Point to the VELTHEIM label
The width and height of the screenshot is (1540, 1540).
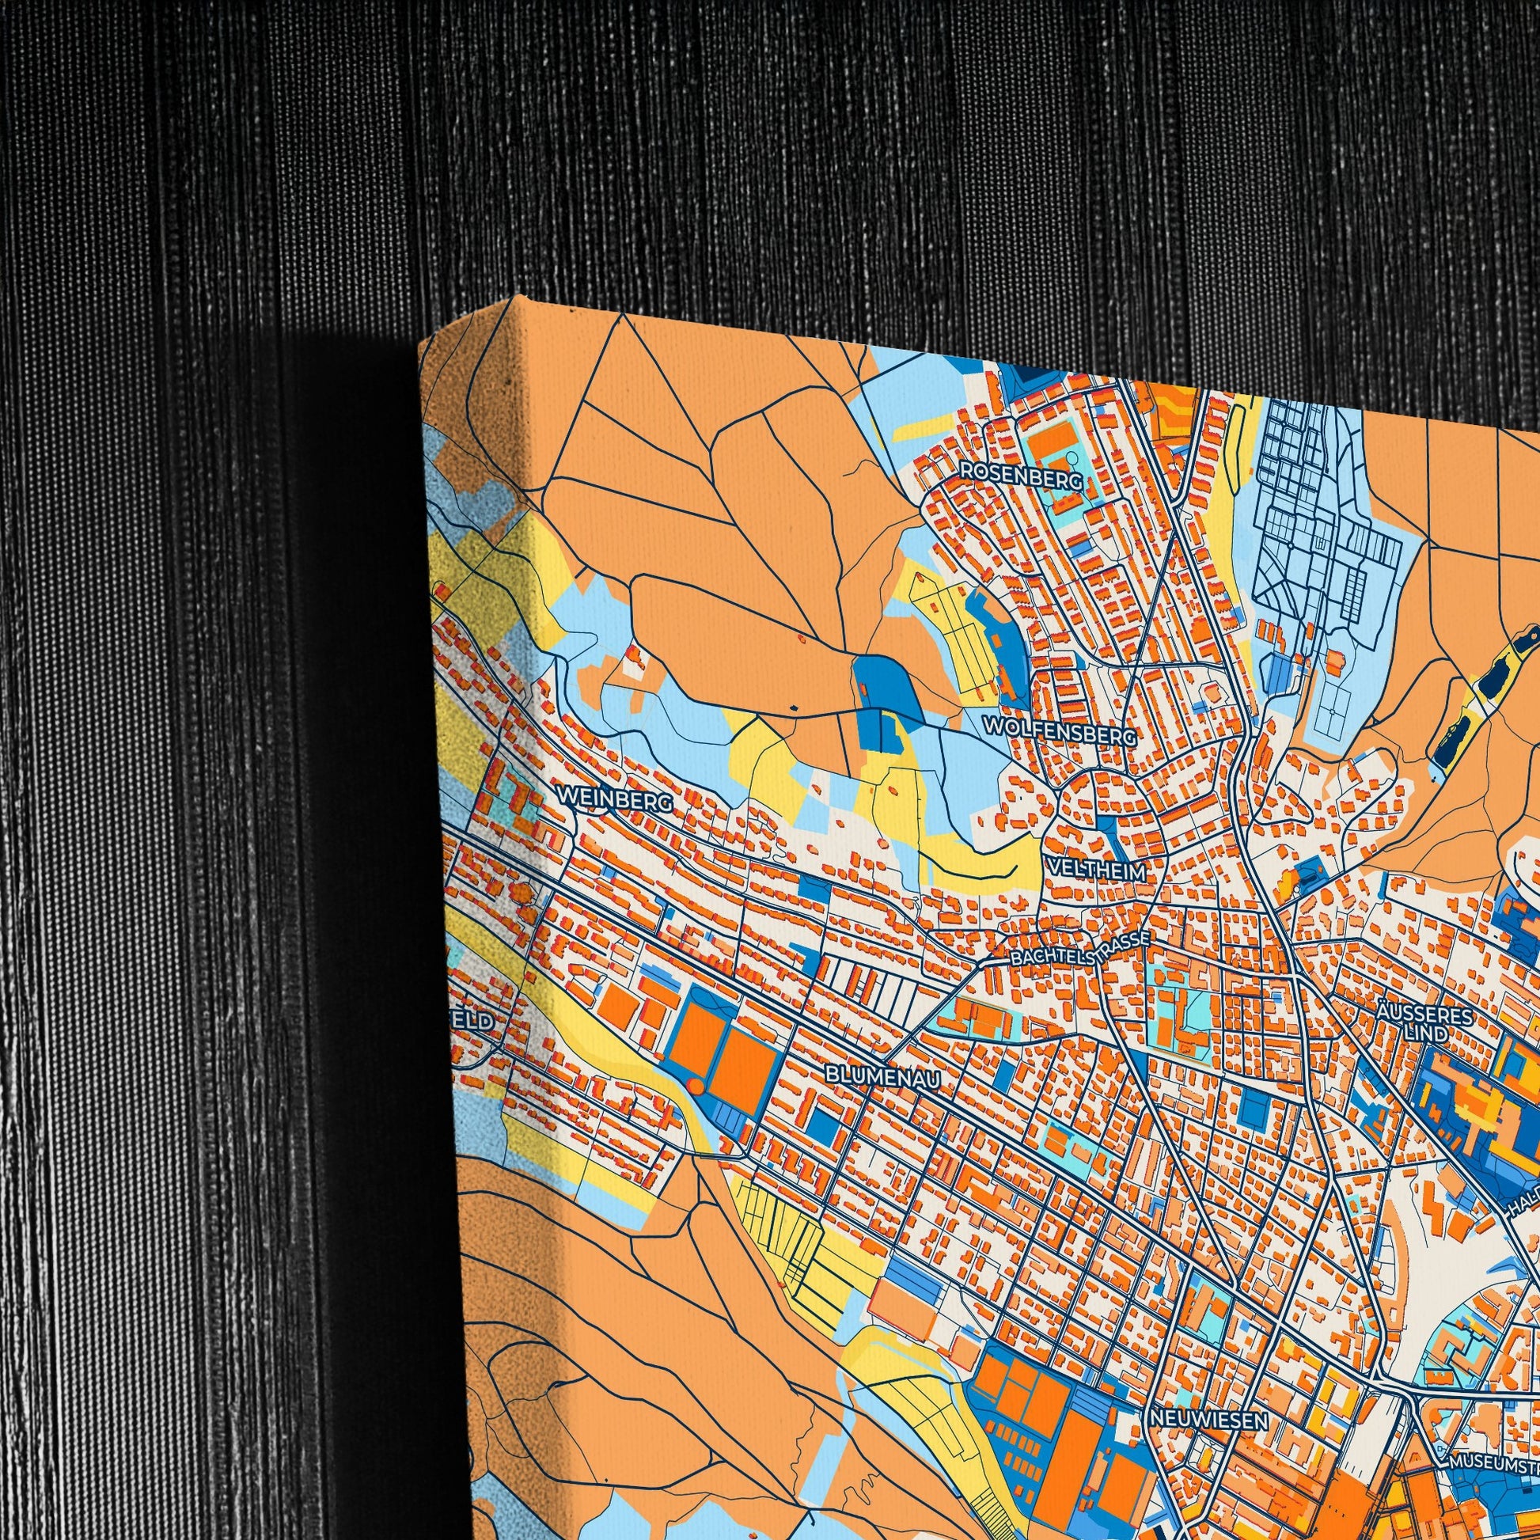coord(1097,871)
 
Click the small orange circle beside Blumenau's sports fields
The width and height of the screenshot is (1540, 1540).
coord(694,1086)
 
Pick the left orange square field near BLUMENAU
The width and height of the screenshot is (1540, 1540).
coord(694,1037)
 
